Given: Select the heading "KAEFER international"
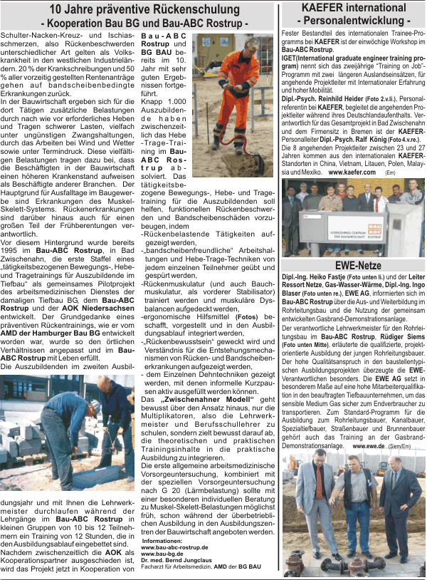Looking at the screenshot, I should [352, 7].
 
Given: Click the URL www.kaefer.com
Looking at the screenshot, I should [349, 172].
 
